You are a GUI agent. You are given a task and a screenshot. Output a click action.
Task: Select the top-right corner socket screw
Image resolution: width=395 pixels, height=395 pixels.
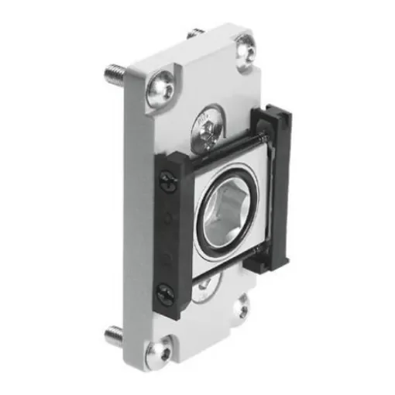246,50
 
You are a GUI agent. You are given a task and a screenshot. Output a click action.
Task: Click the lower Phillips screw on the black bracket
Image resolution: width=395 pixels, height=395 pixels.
165,294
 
